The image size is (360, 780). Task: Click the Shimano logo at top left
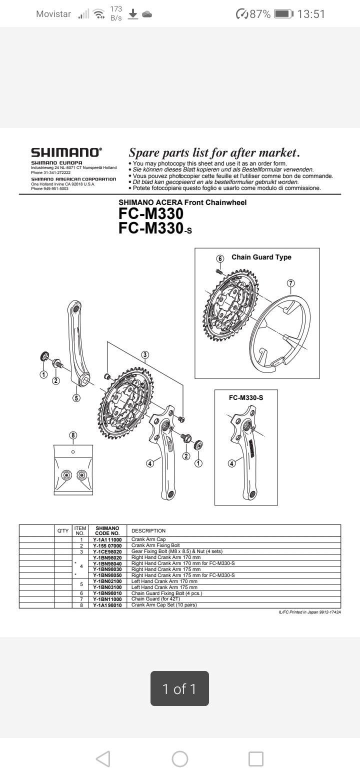[66, 152]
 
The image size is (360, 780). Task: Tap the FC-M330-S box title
[245, 397]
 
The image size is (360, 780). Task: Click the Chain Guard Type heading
[261, 257]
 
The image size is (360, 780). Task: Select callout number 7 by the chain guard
[290, 283]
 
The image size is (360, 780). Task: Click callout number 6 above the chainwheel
[220, 258]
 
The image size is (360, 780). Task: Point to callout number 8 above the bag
[73, 435]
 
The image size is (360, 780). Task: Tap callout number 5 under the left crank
[76, 398]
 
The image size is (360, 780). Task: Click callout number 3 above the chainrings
[144, 355]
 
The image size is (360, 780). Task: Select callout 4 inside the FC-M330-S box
[231, 463]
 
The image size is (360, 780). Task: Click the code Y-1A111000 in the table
[107, 540]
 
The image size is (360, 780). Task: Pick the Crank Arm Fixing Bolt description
[155, 545]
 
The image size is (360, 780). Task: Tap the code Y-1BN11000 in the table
[107, 599]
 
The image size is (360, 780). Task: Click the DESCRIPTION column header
[148, 530]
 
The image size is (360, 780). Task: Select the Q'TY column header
[63, 530]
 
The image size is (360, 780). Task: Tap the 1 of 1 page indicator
[179, 689]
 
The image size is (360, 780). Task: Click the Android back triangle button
[103, 759]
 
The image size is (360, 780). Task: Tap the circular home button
[180, 759]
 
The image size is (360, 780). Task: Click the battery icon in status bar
[283, 14]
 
